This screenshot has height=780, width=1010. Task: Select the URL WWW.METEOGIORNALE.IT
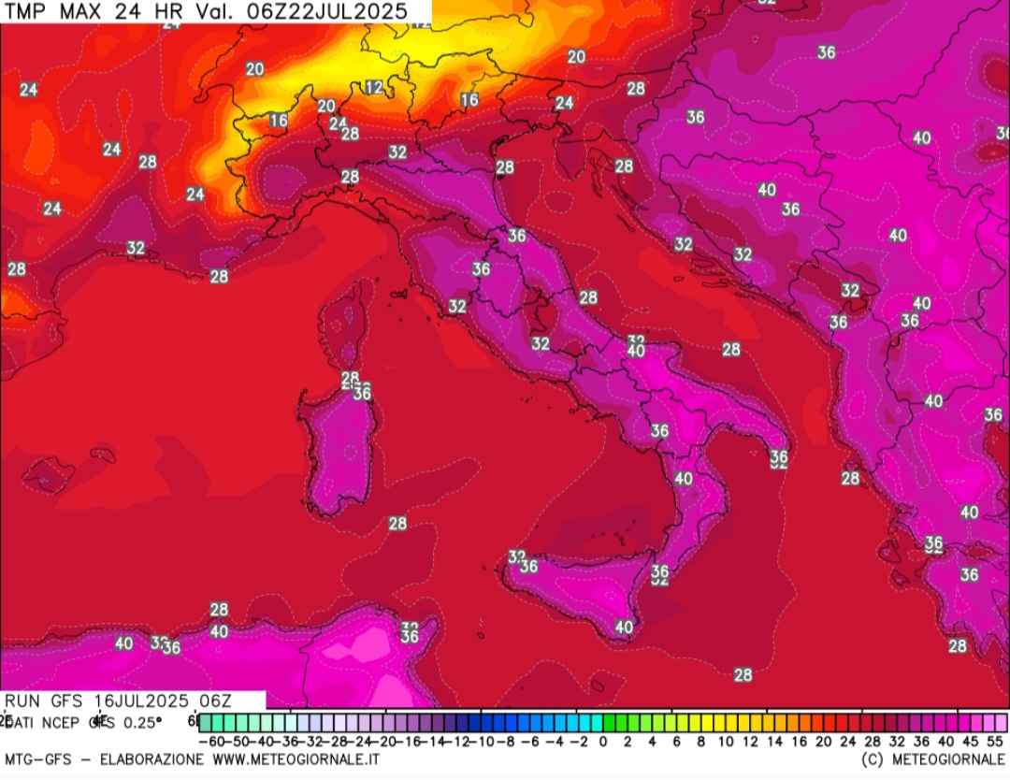296,759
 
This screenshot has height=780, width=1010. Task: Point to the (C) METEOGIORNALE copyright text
933,759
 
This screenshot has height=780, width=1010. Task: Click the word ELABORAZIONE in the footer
154,759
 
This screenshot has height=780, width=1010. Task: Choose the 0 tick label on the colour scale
603,741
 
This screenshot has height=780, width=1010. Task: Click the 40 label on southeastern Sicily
624,627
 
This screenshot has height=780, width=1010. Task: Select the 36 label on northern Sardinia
362,394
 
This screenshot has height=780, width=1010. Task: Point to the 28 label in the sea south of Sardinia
397,524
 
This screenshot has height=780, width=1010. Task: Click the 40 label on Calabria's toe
684,479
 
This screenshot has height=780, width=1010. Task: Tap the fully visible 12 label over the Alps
374,87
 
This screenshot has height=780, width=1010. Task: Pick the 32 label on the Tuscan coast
456,306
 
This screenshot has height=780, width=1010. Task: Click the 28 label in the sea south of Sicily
743,674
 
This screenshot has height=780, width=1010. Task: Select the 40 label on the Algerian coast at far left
123,643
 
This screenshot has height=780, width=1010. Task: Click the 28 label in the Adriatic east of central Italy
588,297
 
